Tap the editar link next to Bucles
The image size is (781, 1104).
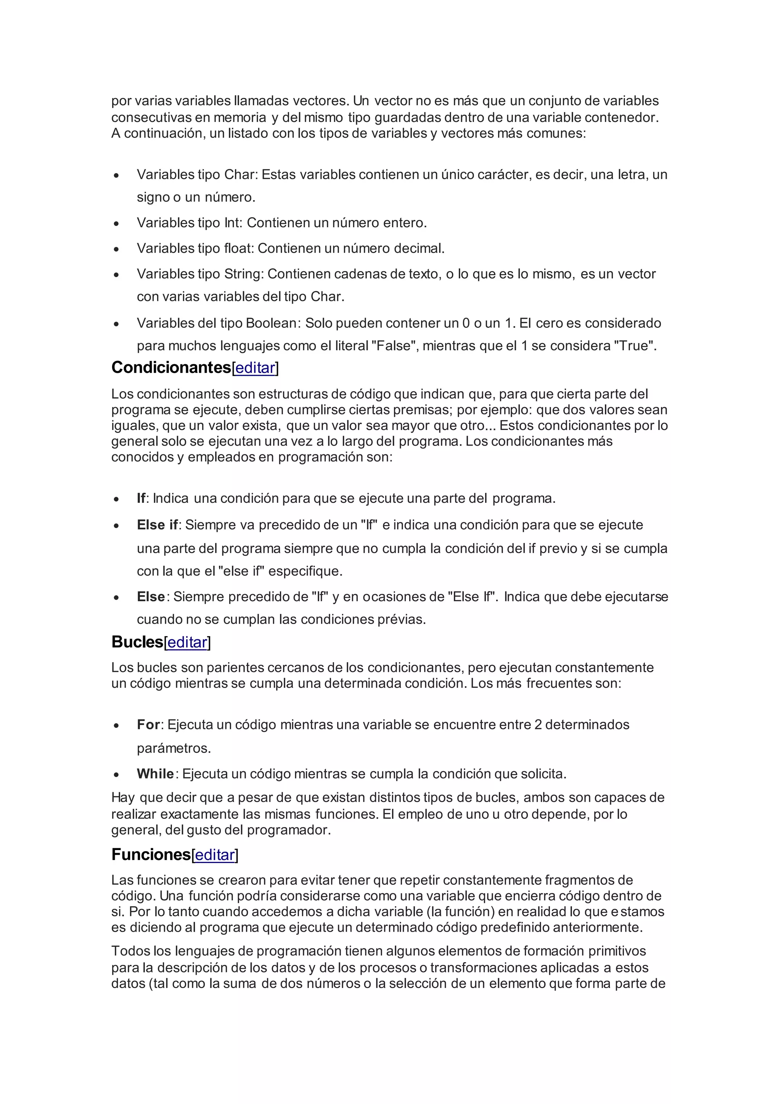pos(187,642)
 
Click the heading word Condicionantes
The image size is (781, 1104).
pos(171,367)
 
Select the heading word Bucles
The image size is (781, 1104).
pos(138,642)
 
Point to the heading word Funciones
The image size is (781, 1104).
pos(151,854)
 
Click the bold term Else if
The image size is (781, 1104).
pos(157,525)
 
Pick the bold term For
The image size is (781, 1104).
pos(148,725)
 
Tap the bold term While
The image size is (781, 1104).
pos(155,773)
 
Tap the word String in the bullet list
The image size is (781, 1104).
pos(243,274)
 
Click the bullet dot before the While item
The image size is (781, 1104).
pos(116,775)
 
